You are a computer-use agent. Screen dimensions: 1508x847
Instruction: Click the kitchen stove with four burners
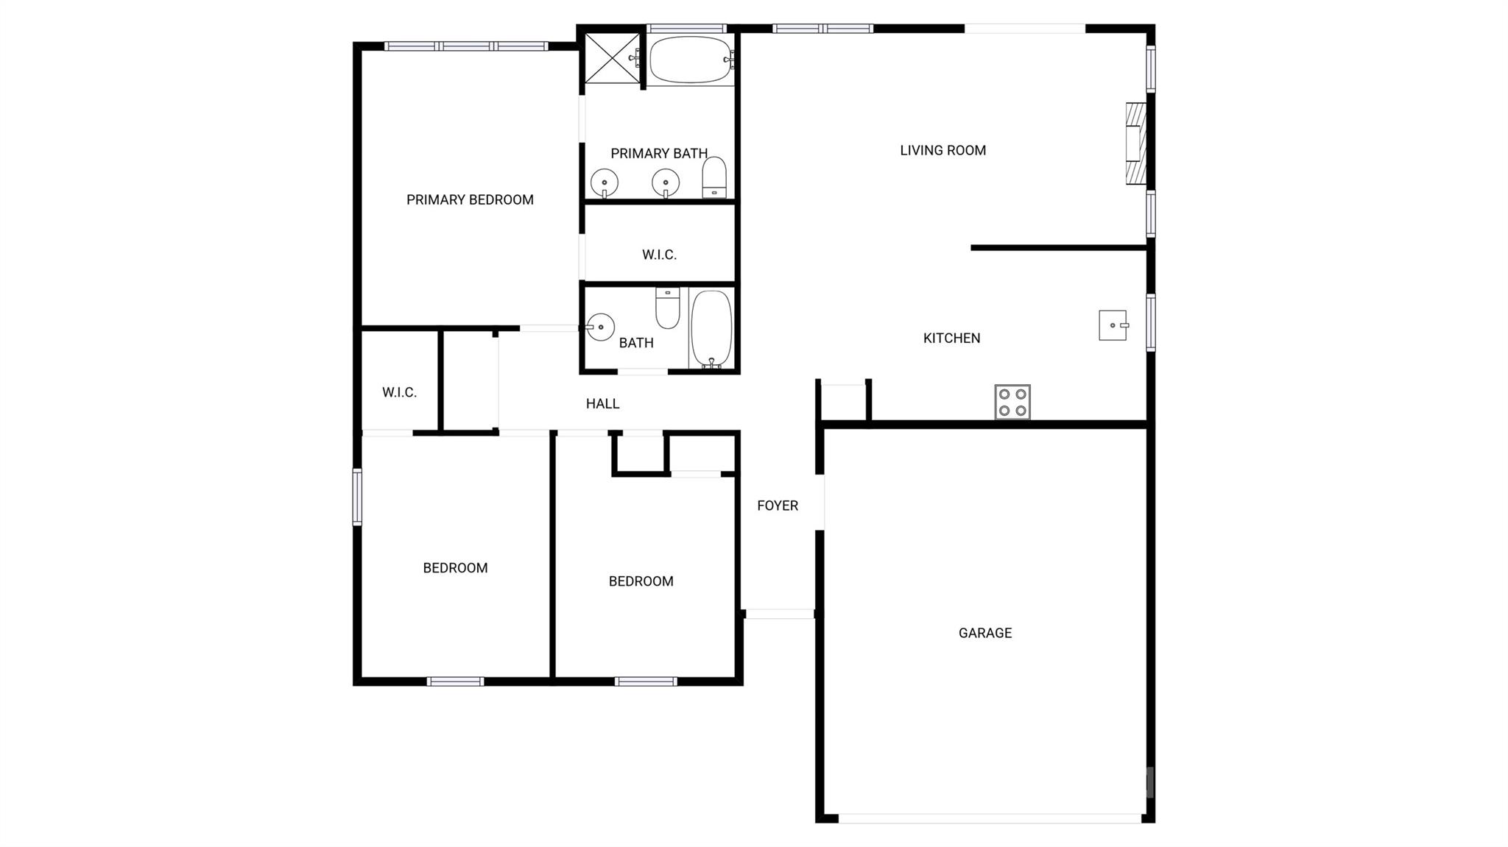pyautogui.click(x=1012, y=402)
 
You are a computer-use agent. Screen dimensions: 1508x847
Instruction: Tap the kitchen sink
pyautogui.click(x=1113, y=325)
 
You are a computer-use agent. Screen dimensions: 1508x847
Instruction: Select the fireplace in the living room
pyautogui.click(x=1136, y=143)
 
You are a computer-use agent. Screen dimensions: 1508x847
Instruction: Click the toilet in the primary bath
pyautogui.click(x=714, y=177)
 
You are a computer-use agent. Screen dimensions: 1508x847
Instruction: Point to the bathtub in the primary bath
pyautogui.click(x=691, y=60)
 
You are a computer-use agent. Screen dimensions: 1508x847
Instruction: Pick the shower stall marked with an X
pyautogui.click(x=611, y=58)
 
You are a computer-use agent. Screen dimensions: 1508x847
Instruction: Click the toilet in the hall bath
pyautogui.click(x=668, y=308)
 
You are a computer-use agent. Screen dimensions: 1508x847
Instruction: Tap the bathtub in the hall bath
pyautogui.click(x=711, y=329)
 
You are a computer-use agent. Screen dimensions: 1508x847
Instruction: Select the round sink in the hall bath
pyautogui.click(x=600, y=327)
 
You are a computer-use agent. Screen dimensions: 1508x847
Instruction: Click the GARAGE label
pyautogui.click(x=985, y=633)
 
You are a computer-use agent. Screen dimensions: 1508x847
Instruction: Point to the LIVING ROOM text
pyautogui.click(x=942, y=150)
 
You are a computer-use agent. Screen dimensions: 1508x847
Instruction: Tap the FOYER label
pyautogui.click(x=778, y=506)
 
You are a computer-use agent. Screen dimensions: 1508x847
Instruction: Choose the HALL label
pyautogui.click(x=602, y=403)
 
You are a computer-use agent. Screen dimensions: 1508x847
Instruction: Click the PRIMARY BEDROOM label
pyautogui.click(x=470, y=199)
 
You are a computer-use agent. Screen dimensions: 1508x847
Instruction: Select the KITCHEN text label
pyautogui.click(x=951, y=339)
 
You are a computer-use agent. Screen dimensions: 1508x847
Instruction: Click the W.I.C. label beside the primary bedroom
pyautogui.click(x=399, y=392)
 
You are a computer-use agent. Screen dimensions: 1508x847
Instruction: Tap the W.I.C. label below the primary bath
pyautogui.click(x=659, y=255)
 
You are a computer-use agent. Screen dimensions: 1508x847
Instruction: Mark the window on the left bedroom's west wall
pyautogui.click(x=357, y=497)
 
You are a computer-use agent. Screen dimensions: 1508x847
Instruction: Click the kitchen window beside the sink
pyautogui.click(x=1151, y=322)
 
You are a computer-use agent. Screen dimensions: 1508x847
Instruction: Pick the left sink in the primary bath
pyautogui.click(x=605, y=182)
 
